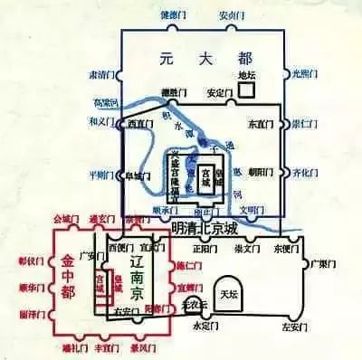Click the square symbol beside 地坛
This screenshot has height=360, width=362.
[x=247, y=90]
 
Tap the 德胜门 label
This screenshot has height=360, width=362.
[x=175, y=91]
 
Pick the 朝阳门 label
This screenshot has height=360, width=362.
[x=261, y=169]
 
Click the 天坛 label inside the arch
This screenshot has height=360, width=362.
[x=227, y=294]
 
